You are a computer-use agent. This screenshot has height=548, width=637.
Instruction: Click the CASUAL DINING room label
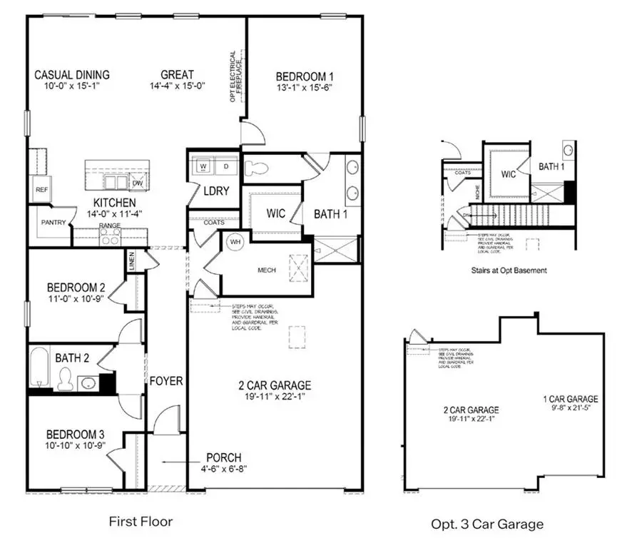pyautogui.click(x=73, y=75)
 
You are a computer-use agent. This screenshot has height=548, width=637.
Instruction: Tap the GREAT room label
pyautogui.click(x=177, y=75)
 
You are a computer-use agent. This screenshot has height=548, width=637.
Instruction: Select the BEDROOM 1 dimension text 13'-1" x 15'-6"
pyautogui.click(x=305, y=88)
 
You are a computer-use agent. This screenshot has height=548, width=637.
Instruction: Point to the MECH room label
pyautogui.click(x=266, y=270)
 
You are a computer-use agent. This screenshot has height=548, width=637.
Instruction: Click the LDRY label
pyautogui.click(x=215, y=191)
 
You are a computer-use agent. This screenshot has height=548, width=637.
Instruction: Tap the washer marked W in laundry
pyautogui.click(x=203, y=167)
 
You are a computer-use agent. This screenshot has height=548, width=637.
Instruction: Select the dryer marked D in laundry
pyautogui.click(x=226, y=167)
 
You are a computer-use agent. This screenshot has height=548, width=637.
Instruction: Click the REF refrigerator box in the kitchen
pyautogui.click(x=41, y=190)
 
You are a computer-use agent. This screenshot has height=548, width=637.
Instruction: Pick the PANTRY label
pyautogui.click(x=53, y=223)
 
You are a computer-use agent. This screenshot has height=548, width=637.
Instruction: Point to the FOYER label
pyautogui.click(x=165, y=381)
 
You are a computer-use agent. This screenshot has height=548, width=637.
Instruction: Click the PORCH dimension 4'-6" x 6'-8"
pyautogui.click(x=223, y=469)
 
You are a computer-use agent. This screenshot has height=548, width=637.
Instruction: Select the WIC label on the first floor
pyautogui.click(x=275, y=213)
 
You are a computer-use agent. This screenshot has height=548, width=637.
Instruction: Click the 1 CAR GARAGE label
pyautogui.click(x=570, y=399)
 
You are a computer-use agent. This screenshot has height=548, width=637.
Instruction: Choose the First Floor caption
pyautogui.click(x=141, y=522)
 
